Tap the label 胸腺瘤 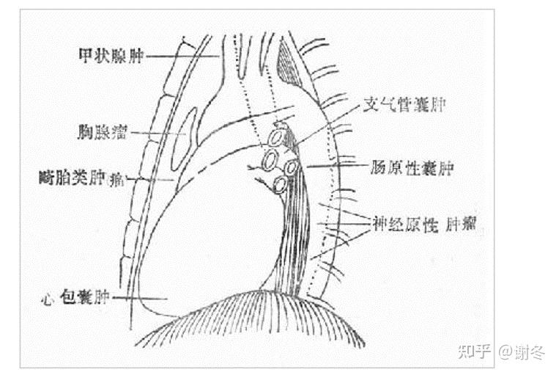pos(103,133)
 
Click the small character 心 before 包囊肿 pos(49,299)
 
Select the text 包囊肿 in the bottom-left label pos(85,298)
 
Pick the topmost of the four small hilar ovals pos(278,137)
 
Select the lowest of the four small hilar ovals pos(279,183)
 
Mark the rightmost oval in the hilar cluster pos(292,167)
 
